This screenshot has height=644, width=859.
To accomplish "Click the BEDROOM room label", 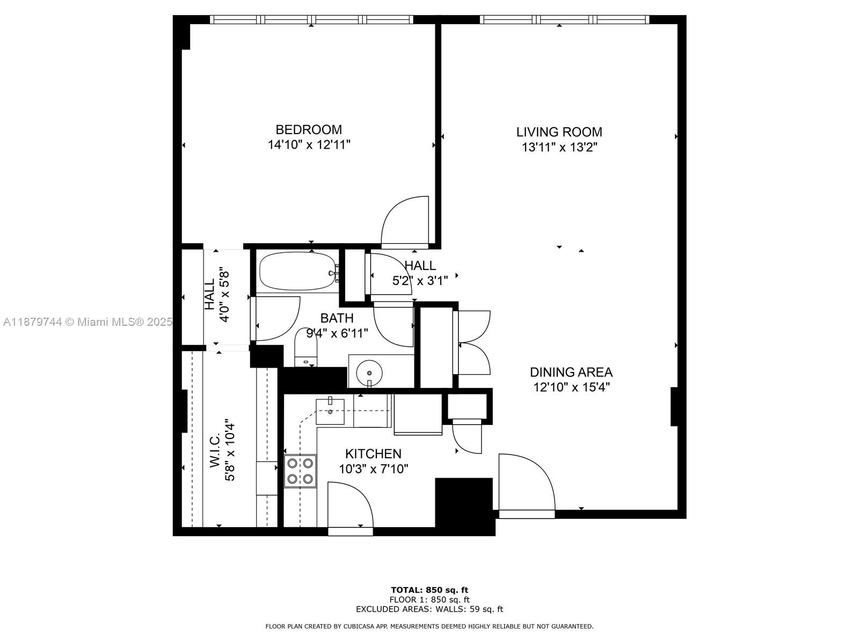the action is [x=308, y=129].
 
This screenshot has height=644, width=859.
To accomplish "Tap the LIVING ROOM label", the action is [x=559, y=132].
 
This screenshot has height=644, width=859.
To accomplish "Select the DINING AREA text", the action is [x=571, y=372].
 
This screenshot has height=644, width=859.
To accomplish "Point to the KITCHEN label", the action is [x=373, y=453].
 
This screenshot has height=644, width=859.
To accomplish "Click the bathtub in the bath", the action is [x=298, y=270].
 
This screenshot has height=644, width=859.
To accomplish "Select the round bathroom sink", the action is [x=369, y=373].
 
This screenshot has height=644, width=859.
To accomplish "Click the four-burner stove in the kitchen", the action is [x=300, y=471].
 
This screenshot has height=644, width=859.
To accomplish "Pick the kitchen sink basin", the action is [x=330, y=411].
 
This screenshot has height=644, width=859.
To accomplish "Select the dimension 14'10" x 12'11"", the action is [x=309, y=145].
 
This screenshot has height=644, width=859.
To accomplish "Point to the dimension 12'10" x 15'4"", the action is [x=571, y=387].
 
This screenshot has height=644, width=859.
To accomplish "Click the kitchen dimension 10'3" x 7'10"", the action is [x=373, y=469].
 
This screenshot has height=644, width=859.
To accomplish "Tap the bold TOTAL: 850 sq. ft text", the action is [x=429, y=590].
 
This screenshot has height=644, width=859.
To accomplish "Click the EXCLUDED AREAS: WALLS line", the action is [x=429, y=609].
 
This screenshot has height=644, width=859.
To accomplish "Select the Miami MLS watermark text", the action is [x=88, y=322].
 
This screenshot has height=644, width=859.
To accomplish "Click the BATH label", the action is [x=337, y=318].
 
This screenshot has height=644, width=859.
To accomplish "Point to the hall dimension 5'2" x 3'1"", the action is [x=420, y=280].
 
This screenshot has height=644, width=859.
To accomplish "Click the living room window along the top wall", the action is [x=564, y=19].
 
